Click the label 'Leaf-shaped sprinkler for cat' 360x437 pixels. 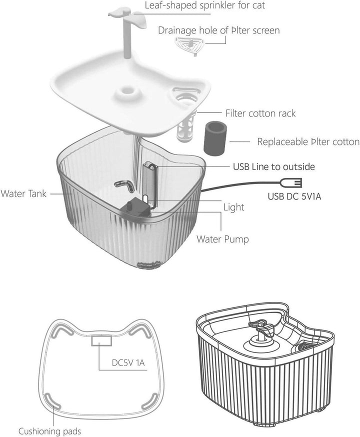click(205, 5)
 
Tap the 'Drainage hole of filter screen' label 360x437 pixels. click(218, 30)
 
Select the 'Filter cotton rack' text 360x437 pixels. click(260, 113)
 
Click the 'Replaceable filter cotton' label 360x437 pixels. click(308, 141)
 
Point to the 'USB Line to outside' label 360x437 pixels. click(274, 166)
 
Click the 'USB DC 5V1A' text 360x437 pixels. click(294, 196)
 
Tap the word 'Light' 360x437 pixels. click(234, 207)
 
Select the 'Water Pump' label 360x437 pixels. click(222, 239)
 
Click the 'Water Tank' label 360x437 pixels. click(23, 193)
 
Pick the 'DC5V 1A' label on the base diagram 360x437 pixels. click(128, 362)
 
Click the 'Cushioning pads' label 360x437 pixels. click(49, 431)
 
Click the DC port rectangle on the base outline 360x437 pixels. click(101, 340)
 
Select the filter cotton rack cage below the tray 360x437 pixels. click(185, 128)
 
